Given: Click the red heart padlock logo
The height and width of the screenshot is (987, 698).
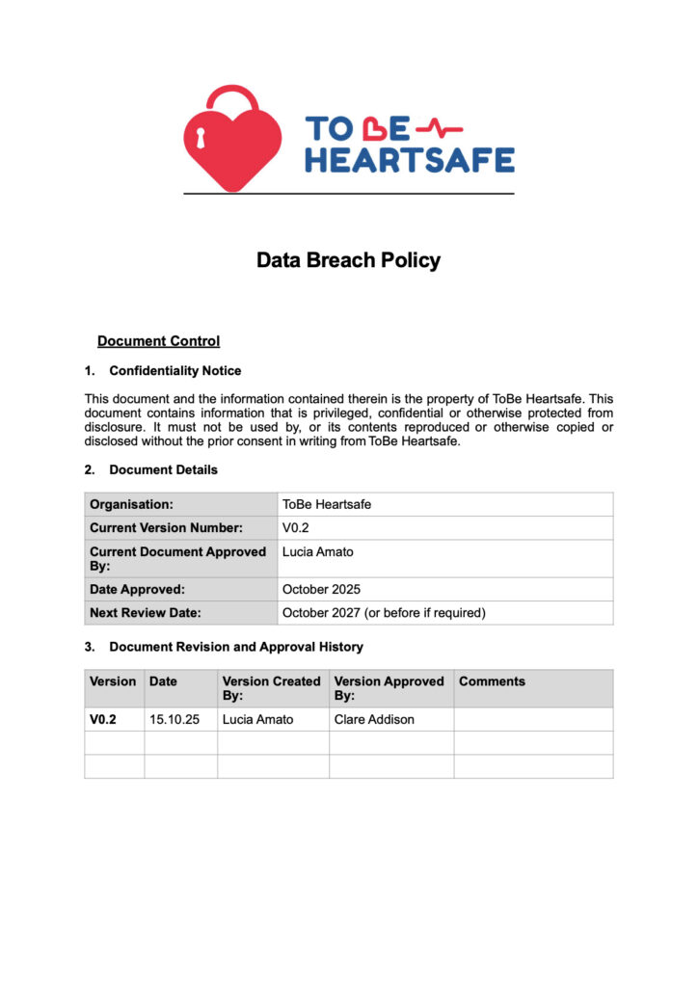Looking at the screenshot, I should click(x=232, y=140).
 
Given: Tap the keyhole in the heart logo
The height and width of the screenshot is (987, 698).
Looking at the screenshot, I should click(x=201, y=139).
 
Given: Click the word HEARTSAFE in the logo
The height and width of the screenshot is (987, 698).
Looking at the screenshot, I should click(x=410, y=159).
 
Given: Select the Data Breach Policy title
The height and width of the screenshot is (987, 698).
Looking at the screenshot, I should click(x=348, y=260).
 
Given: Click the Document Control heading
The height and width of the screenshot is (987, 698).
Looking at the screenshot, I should click(x=158, y=341).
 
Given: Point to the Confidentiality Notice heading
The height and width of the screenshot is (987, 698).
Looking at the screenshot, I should click(x=174, y=371).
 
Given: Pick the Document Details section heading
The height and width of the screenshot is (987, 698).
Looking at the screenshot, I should click(x=163, y=470).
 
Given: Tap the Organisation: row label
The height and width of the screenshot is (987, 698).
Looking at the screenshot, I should click(x=131, y=504).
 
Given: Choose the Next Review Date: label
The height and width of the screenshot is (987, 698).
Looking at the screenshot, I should click(x=145, y=612).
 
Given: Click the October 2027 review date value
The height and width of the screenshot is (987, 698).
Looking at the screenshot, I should click(x=384, y=612).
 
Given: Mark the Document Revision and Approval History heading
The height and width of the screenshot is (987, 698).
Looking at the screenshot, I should click(x=235, y=647).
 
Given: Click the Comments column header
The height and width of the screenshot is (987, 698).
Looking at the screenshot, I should click(x=492, y=681).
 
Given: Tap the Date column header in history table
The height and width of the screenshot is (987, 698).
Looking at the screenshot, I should click(x=163, y=681).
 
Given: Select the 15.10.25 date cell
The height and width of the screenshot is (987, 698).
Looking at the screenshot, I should click(x=174, y=720).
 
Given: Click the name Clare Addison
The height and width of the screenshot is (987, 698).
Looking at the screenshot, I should click(x=374, y=720).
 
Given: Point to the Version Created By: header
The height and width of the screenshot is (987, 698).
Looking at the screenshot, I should click(x=271, y=688).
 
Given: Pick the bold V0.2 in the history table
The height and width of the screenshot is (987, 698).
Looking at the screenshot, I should click(x=103, y=720).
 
